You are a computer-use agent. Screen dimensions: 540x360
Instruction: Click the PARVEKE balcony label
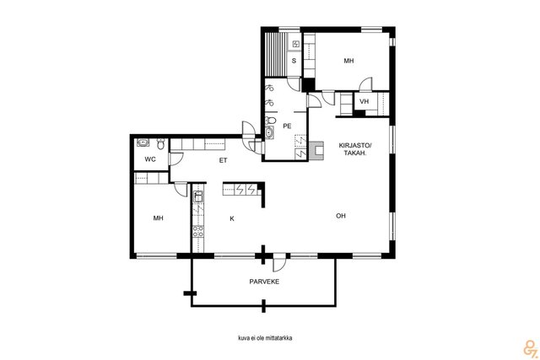[264, 282]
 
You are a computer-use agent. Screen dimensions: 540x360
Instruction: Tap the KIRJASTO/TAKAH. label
[355, 149]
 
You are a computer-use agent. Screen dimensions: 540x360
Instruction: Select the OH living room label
[341, 216]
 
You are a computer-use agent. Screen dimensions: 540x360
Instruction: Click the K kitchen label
[232, 218]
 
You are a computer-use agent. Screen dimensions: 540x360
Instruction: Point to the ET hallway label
[223, 160]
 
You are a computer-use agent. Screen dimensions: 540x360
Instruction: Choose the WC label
[150, 159]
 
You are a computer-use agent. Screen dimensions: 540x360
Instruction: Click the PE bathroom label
[287, 126]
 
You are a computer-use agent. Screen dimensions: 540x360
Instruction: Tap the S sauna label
[294, 61]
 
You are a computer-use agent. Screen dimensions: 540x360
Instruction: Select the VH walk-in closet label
[364, 101]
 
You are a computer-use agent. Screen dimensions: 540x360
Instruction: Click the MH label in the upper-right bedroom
[348, 61]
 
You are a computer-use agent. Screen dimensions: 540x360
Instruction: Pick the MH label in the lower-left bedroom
[158, 218]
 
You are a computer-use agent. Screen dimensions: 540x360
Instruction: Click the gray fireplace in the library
[316, 151]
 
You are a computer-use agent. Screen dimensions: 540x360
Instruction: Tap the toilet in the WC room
[160, 143]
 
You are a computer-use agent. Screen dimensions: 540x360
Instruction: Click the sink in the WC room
[143, 142]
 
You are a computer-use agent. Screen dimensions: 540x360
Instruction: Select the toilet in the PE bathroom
[271, 120]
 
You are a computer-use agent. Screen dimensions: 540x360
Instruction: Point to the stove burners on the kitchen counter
[198, 231]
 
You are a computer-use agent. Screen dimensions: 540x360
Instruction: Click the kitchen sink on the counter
[198, 197]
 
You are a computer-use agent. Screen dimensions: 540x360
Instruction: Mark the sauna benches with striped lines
[276, 54]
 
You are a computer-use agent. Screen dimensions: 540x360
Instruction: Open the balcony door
[279, 262]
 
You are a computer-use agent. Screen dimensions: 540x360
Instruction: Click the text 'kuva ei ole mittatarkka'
[265, 338]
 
